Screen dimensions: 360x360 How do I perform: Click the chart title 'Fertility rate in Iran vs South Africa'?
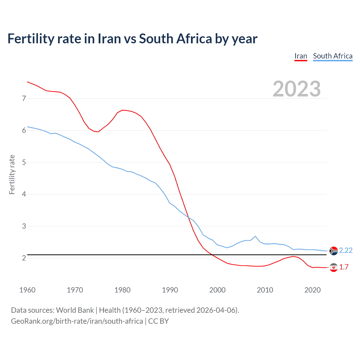click(x=132, y=39)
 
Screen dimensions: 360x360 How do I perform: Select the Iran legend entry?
click(x=301, y=56)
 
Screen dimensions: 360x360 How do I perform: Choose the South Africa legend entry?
click(x=333, y=56)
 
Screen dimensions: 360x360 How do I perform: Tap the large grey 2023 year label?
click(x=296, y=89)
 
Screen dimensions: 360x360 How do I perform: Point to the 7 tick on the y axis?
click(x=24, y=98)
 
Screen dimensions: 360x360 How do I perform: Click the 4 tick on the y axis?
click(x=24, y=194)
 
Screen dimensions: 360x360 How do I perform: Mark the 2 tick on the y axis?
click(x=24, y=258)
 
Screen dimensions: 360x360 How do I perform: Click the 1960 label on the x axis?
click(x=27, y=290)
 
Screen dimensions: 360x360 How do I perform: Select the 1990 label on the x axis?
click(x=170, y=290)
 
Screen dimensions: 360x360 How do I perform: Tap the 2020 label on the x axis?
click(x=312, y=290)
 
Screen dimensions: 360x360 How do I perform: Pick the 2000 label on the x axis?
click(x=217, y=290)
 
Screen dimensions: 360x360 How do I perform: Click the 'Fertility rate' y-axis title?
click(x=12, y=174)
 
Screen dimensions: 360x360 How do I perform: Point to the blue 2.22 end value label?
click(x=346, y=250)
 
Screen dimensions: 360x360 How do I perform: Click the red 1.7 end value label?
click(x=344, y=267)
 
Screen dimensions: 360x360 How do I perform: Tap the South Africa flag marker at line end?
click(x=334, y=251)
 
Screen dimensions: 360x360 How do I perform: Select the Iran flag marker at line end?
click(x=334, y=267)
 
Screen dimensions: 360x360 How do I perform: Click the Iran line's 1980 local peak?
click(x=122, y=110)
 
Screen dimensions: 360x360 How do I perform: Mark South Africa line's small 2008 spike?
click(x=255, y=236)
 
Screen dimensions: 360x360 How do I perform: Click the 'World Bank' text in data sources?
click(x=75, y=310)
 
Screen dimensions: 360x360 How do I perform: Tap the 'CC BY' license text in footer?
click(x=158, y=321)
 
